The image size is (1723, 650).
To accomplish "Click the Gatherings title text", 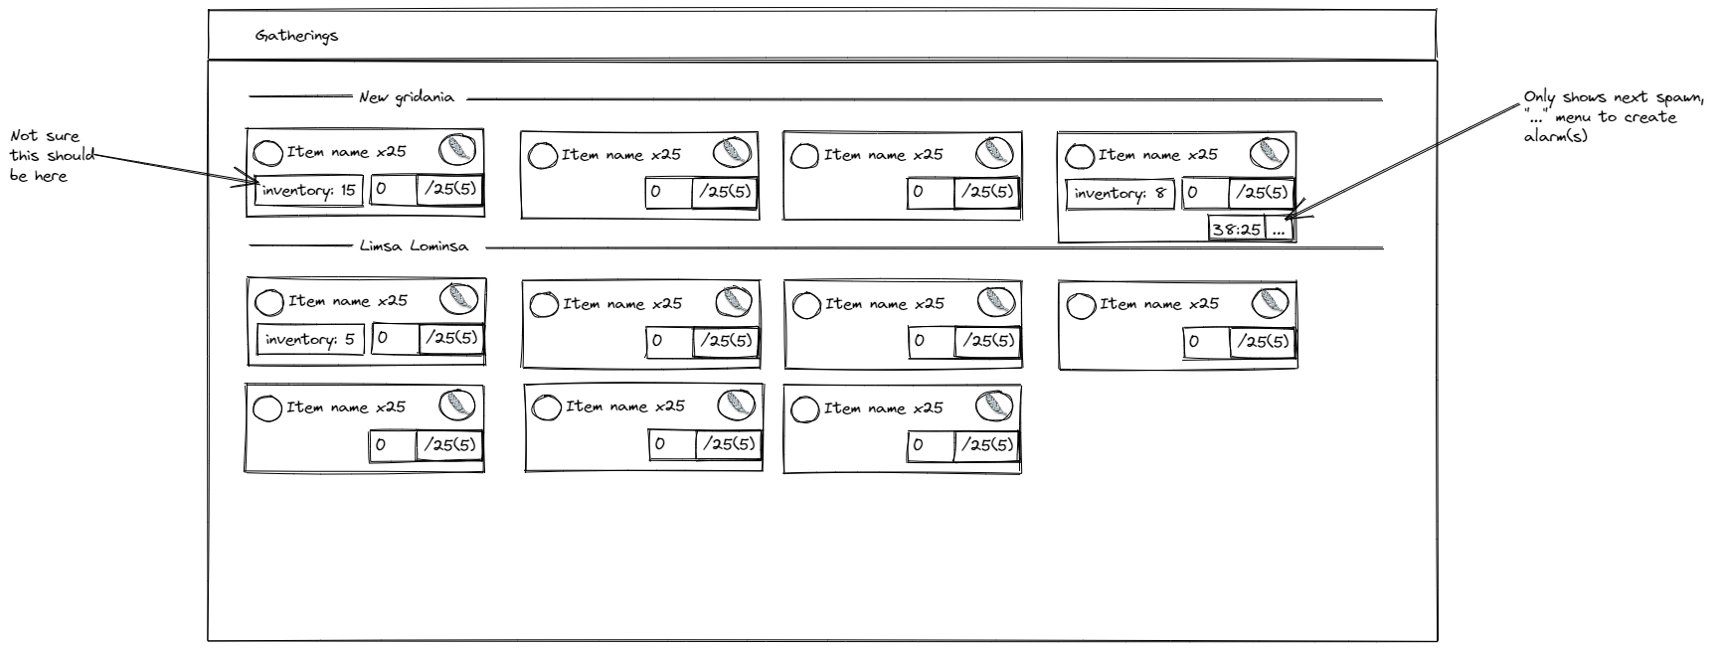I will (296, 36).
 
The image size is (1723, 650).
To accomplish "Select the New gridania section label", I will (407, 97).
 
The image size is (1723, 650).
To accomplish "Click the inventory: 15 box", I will (308, 191).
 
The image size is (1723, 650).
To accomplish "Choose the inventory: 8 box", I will (1120, 194).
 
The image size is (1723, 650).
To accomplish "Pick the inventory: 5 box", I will (310, 340).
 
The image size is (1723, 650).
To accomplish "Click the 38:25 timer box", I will (1236, 230).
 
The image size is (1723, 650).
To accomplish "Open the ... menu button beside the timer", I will (1280, 230).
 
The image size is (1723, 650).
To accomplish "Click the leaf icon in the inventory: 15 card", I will (457, 150).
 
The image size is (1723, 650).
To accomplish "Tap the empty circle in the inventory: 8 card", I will (1079, 156).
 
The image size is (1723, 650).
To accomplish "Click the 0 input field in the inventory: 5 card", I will (395, 338).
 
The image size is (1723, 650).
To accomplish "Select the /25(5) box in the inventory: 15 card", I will (449, 189).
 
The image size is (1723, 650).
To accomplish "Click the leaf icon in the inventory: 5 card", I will (458, 298).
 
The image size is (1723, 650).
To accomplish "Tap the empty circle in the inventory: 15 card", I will (267, 153).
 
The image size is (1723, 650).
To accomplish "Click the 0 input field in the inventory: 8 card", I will (1205, 193).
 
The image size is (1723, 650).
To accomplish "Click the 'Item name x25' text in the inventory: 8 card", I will (1157, 155).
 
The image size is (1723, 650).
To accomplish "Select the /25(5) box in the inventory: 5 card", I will (452, 338).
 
